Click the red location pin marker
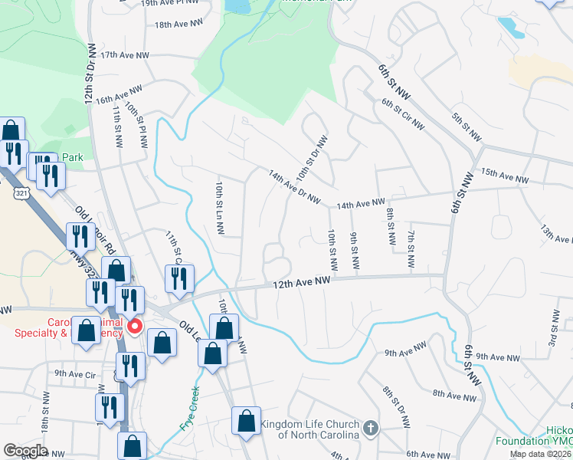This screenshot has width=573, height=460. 135,327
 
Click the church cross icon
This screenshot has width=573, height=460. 371,428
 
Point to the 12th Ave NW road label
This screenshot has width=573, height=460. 303,284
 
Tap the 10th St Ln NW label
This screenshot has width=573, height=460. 219,209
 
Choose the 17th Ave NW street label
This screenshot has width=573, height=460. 123,55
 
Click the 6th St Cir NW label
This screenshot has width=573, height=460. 403,115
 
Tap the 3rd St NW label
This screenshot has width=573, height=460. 554,327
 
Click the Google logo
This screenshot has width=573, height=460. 25,451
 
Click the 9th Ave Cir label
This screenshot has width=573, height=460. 75,374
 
